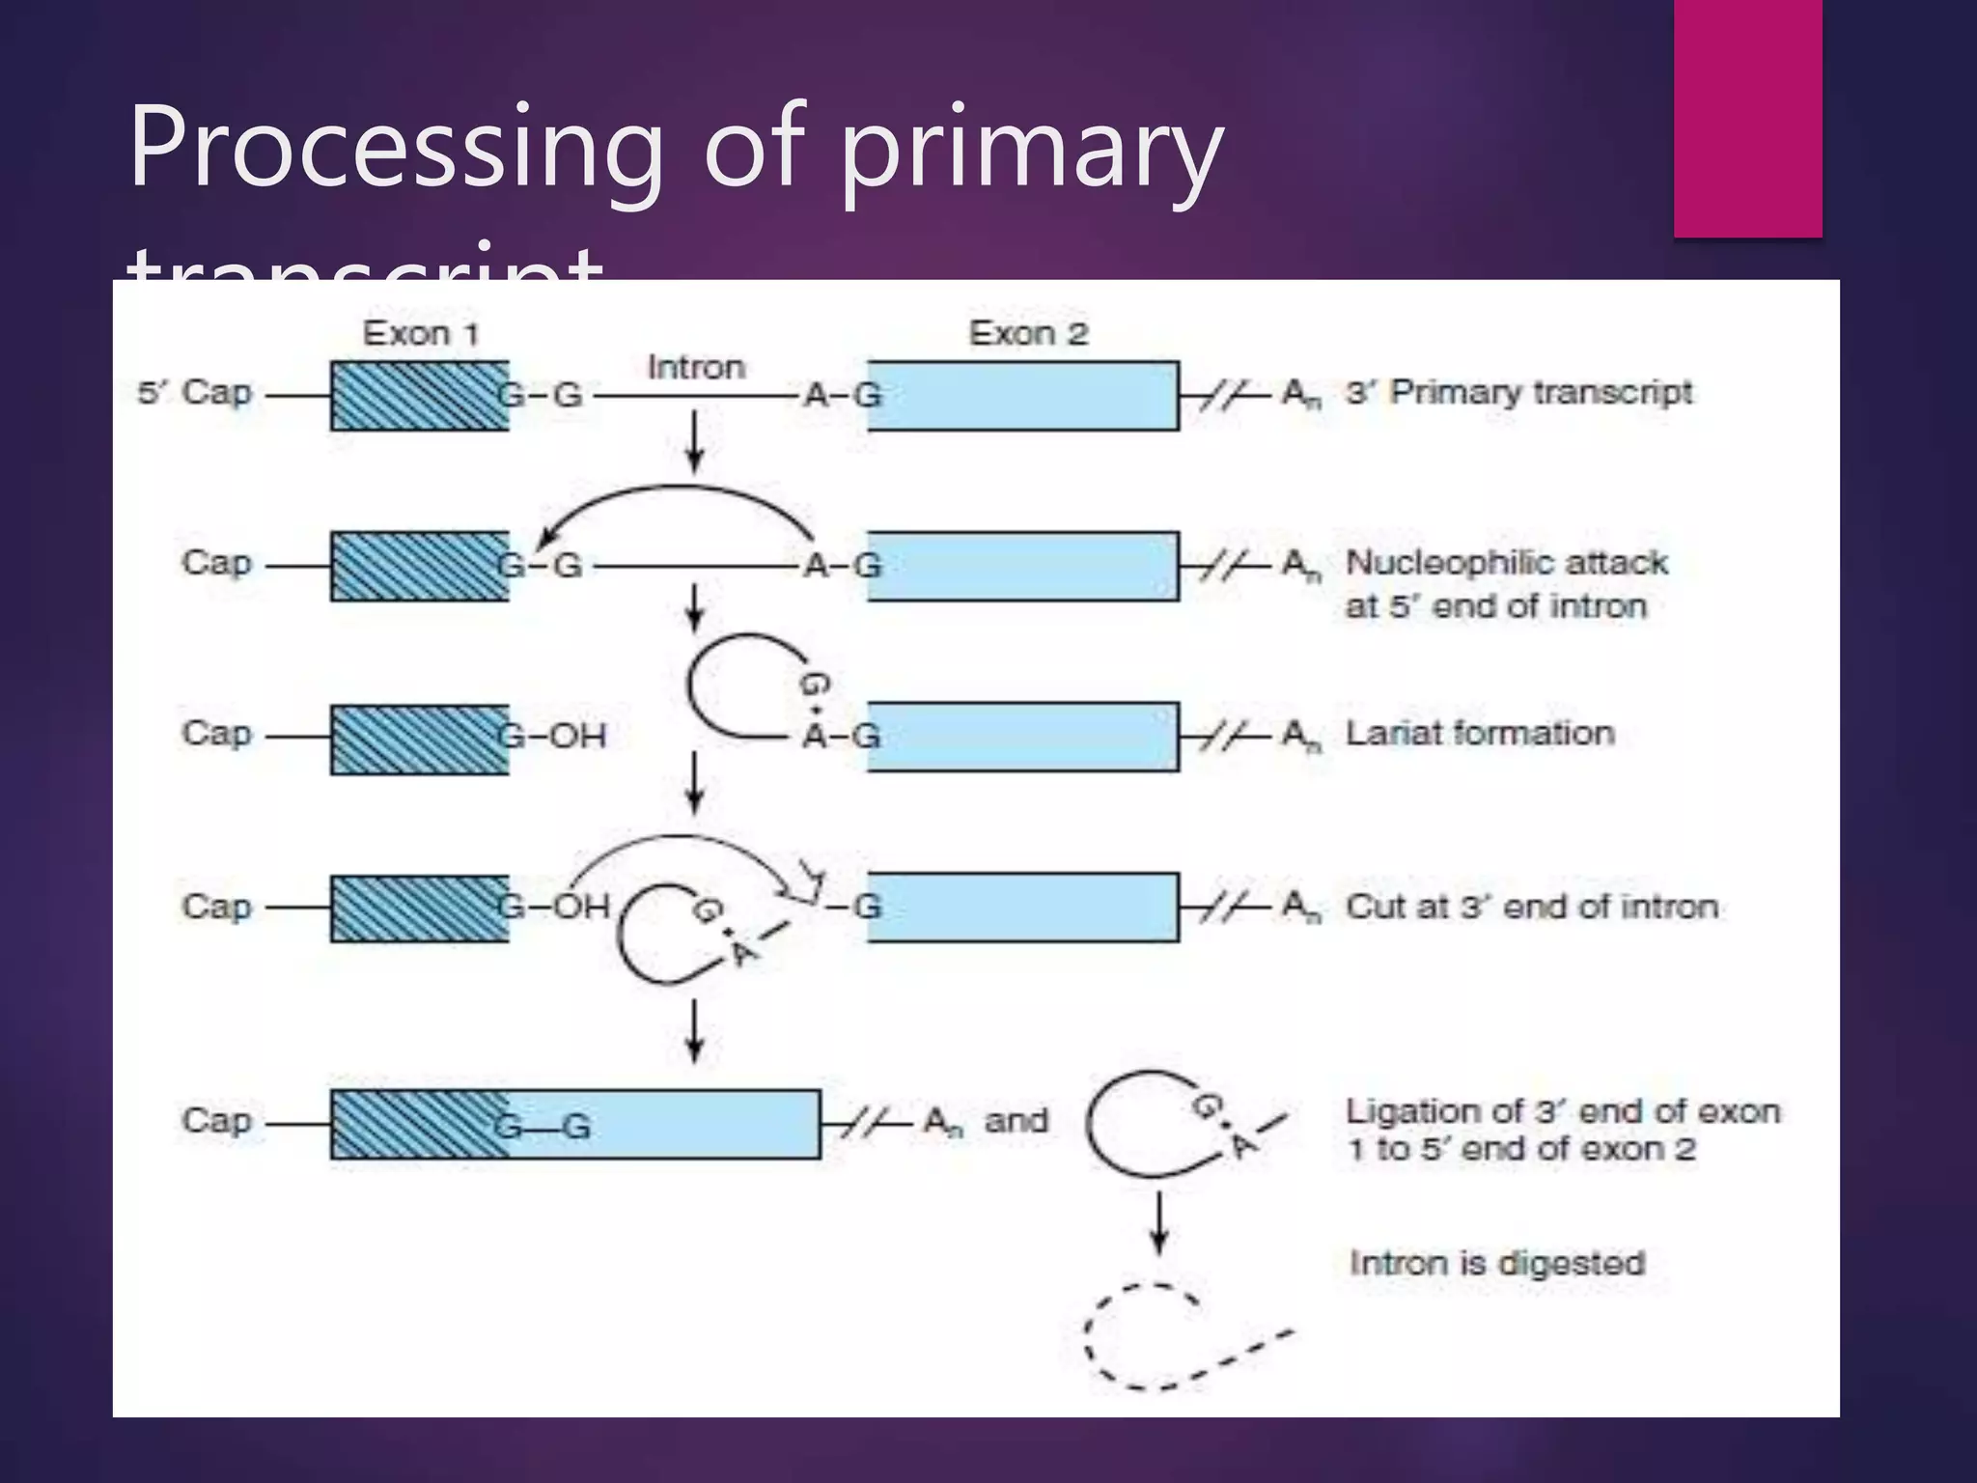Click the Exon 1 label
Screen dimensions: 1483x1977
coord(420,334)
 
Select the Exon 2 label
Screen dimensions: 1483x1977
coord(1028,334)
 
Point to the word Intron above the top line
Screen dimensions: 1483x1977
coord(695,368)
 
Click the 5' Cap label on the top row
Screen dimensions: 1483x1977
coord(196,393)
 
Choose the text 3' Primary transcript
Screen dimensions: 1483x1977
coord(1518,393)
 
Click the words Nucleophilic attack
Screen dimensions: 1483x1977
coord(1506,563)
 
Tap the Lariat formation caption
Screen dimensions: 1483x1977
coord(1480,734)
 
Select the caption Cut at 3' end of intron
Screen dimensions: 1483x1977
coord(1532,907)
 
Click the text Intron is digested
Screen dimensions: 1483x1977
coord(1496,1263)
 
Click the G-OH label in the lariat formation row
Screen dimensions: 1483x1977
coord(553,737)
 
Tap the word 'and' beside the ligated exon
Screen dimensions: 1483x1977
coord(1016,1121)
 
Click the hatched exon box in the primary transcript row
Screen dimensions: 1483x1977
coord(420,396)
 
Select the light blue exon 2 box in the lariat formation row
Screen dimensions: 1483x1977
coord(1023,737)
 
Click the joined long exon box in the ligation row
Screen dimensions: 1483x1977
coord(579,1125)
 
